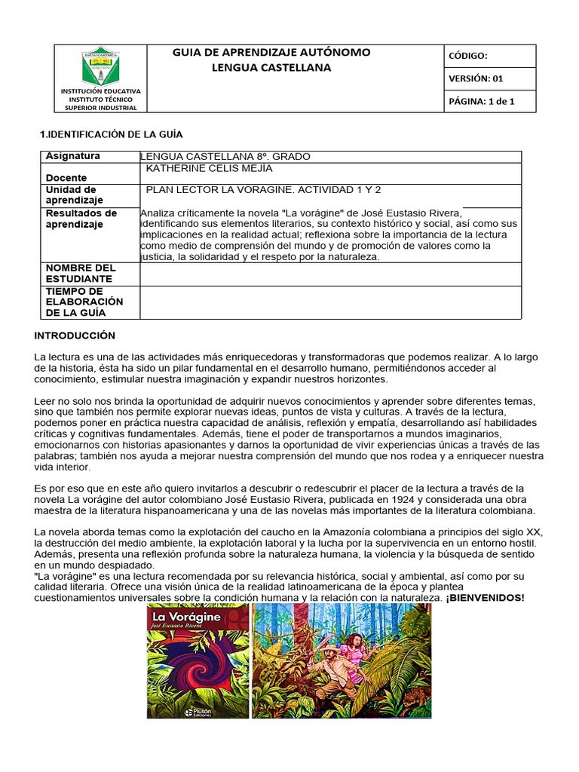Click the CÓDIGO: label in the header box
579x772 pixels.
tap(468, 56)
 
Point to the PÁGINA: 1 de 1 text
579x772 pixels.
tap(482, 101)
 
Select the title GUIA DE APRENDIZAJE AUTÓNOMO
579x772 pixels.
tap(271, 52)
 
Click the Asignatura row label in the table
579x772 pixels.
tap(72, 156)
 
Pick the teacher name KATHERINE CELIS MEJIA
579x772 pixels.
tap(209, 168)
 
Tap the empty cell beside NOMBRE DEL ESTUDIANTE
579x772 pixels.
tap(330, 274)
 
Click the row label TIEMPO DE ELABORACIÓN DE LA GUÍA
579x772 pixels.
tap(84, 302)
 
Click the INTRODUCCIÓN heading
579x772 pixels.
tap(75, 335)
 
